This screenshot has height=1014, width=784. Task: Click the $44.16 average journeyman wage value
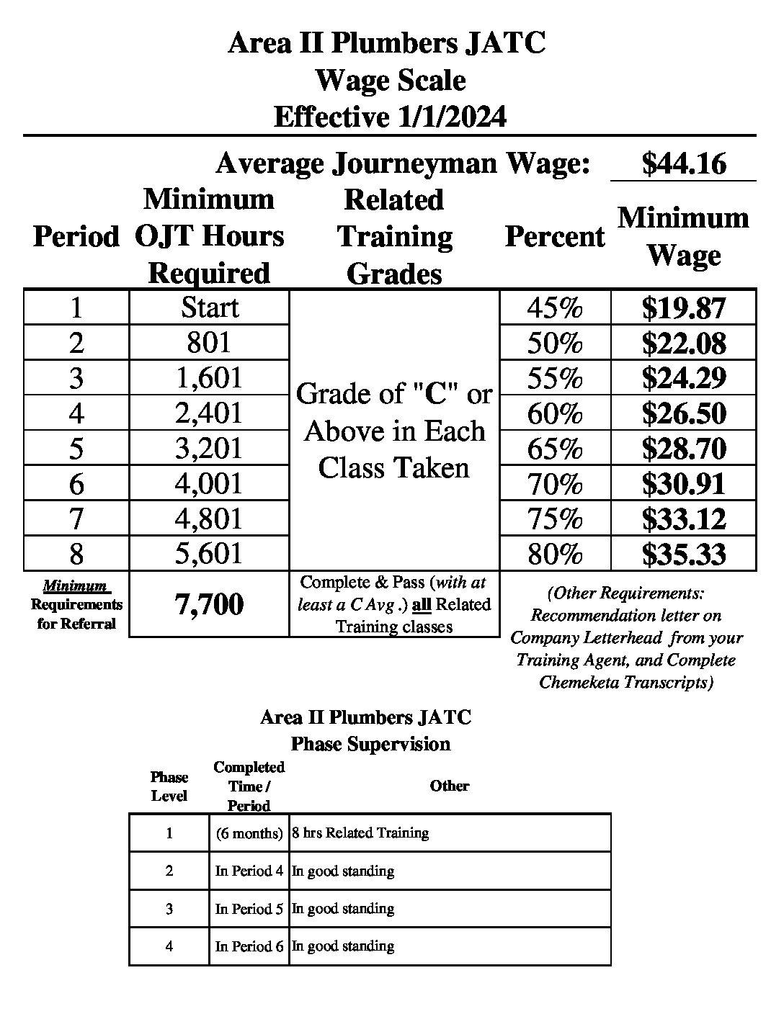(x=683, y=163)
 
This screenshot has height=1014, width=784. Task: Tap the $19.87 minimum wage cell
(x=683, y=308)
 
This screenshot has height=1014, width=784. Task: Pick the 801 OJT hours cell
(x=209, y=343)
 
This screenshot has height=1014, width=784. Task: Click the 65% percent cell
(x=554, y=449)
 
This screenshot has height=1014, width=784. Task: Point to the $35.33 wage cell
(x=683, y=555)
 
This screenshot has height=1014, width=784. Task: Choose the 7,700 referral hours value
(x=209, y=605)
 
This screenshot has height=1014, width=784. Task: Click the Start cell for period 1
(x=209, y=308)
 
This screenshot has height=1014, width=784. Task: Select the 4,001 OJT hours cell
(x=209, y=484)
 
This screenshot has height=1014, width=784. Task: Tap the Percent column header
(x=554, y=237)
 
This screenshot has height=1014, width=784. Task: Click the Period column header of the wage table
(x=76, y=237)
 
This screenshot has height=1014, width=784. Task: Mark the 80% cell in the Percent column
(x=554, y=555)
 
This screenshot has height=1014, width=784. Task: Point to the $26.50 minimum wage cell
(x=683, y=413)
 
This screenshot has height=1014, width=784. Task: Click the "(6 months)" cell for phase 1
(x=249, y=833)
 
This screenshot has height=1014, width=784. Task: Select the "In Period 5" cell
(x=249, y=909)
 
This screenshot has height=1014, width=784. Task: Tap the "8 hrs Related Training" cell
(x=360, y=833)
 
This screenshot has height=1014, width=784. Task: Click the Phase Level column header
(x=169, y=786)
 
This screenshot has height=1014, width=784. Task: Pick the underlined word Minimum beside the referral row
(x=75, y=586)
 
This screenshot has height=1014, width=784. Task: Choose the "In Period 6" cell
(x=249, y=946)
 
